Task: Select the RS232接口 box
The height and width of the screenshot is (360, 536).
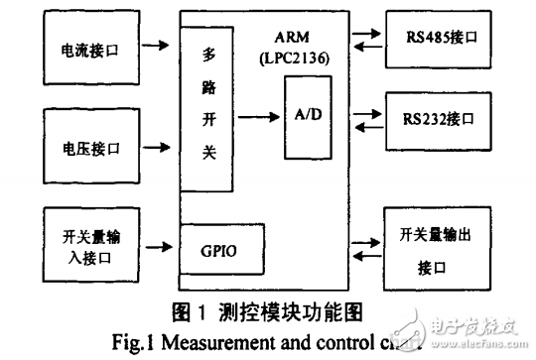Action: click(x=442, y=118)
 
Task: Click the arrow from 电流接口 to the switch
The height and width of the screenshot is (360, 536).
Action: click(x=156, y=46)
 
